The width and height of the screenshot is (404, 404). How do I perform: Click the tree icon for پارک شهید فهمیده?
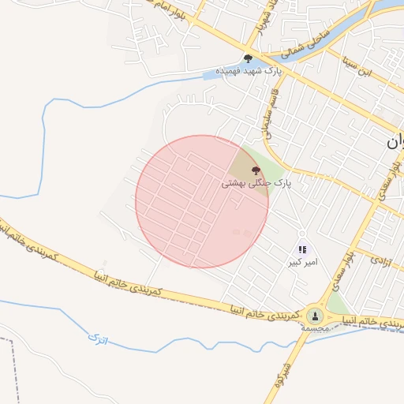[x=249, y=58]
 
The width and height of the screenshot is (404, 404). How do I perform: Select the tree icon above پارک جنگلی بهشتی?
[x=255, y=170]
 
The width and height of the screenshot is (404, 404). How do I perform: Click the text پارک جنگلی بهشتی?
[x=256, y=182]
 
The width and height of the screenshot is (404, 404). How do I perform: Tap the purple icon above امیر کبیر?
[x=302, y=250]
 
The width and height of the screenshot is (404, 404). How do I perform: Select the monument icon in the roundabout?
[x=316, y=315]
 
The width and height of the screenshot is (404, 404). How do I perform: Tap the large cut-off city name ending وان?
[x=395, y=143]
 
